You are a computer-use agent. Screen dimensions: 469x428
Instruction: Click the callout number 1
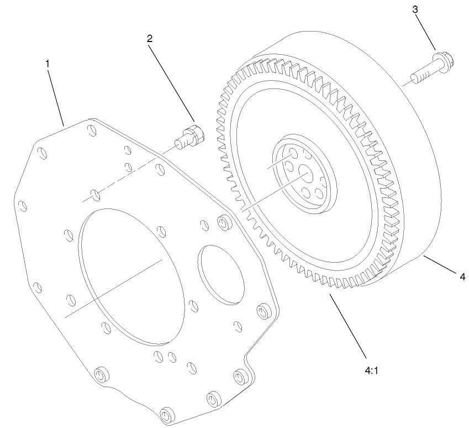[48, 64]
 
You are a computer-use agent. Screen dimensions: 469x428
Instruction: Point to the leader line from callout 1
[55, 94]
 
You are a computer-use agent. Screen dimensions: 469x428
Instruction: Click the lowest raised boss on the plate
[165, 414]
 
